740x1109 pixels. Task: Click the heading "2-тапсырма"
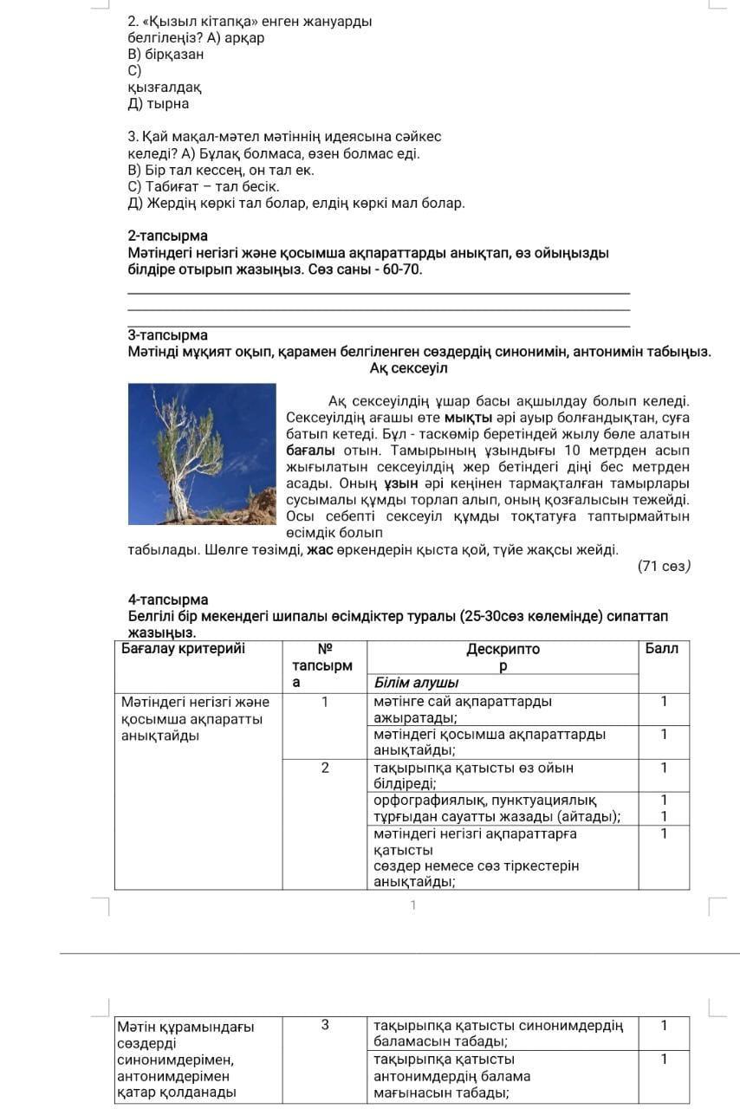pyautogui.click(x=167, y=236)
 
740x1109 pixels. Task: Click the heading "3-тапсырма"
pyautogui.click(x=167, y=335)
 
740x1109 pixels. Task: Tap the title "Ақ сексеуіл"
pyautogui.click(x=408, y=369)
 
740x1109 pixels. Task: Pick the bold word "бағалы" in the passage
pyautogui.click(x=310, y=451)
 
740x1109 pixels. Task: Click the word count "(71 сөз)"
pyautogui.click(x=664, y=567)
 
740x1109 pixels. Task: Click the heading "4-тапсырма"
pyautogui.click(x=167, y=600)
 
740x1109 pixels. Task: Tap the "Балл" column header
pyautogui.click(x=663, y=649)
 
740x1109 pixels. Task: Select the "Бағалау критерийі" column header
pyautogui.click(x=183, y=649)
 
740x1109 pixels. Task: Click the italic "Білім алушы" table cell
pyautogui.click(x=416, y=683)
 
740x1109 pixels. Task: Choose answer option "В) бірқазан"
pyautogui.click(x=166, y=54)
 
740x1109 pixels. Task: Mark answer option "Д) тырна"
pyautogui.click(x=158, y=104)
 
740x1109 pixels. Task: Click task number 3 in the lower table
pyautogui.click(x=325, y=1026)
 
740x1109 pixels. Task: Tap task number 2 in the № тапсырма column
pyautogui.click(x=325, y=768)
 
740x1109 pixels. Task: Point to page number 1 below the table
pyautogui.click(x=413, y=905)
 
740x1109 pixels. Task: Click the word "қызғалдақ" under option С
pyautogui.click(x=165, y=88)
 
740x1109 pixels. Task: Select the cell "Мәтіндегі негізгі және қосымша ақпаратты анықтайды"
pyautogui.click(x=196, y=719)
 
